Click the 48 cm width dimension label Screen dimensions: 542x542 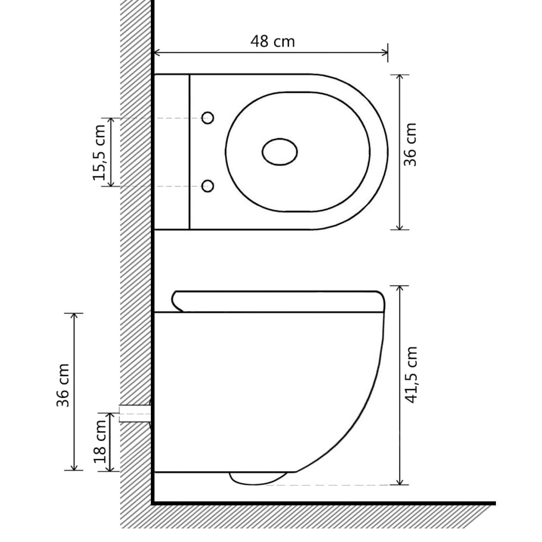tap(272, 41)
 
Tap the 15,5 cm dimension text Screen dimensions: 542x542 tap(100, 153)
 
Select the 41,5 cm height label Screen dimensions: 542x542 tap(411, 375)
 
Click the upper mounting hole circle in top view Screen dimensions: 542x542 tap(209, 118)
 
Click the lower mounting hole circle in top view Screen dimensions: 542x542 tap(209, 186)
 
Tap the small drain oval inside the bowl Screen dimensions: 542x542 tap(279, 151)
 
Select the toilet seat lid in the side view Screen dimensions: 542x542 tap(278, 301)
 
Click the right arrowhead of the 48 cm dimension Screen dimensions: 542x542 tap(385, 52)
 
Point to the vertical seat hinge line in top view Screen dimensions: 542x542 tap(189, 151)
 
